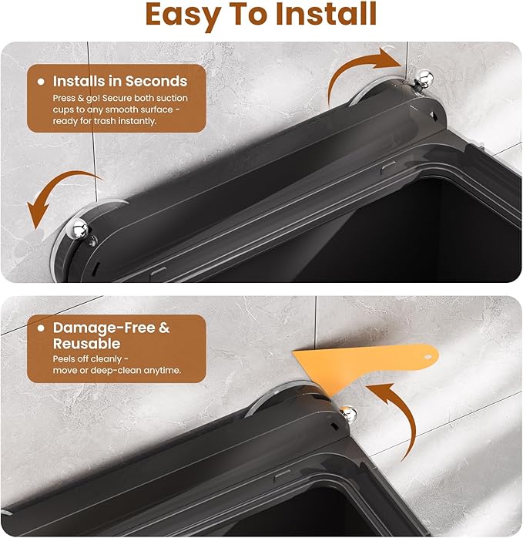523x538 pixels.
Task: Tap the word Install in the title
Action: click(326, 14)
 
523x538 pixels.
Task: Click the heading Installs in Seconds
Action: click(120, 82)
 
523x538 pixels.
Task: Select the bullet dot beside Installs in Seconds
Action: click(41, 82)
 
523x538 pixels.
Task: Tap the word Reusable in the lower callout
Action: click(87, 344)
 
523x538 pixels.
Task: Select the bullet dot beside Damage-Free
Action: click(41, 328)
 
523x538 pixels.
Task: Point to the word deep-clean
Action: click(116, 371)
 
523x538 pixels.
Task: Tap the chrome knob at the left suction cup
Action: click(79, 228)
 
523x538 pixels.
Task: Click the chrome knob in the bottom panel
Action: click(348, 413)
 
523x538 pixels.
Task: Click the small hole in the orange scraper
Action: click(428, 357)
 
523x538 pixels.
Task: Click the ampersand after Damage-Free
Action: click(164, 328)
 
